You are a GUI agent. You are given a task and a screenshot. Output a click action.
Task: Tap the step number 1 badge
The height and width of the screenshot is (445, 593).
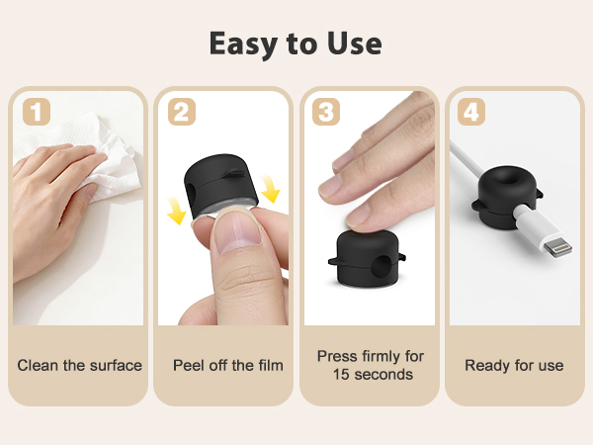tap(37, 112)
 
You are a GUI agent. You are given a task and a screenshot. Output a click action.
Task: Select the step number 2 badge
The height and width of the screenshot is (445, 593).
tap(182, 112)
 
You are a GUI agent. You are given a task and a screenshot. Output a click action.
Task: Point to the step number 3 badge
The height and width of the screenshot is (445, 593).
tap(326, 112)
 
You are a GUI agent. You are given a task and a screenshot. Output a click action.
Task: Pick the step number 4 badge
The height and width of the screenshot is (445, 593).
tap(471, 112)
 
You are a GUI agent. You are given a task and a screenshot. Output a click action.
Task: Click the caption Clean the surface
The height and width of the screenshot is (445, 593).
tap(79, 366)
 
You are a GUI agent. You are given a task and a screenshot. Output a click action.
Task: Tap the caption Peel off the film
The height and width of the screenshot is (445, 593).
tap(228, 366)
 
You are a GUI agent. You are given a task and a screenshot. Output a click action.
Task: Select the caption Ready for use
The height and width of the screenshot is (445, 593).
tap(514, 366)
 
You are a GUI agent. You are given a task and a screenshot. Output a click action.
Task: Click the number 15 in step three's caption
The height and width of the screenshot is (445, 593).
tap(341, 374)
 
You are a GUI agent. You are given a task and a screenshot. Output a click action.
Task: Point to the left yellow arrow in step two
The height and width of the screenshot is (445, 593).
tap(176, 211)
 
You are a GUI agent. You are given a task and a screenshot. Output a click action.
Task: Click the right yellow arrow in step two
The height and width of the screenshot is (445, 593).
tap(270, 189)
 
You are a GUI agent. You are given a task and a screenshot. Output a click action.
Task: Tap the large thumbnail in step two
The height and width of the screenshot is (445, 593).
tap(237, 232)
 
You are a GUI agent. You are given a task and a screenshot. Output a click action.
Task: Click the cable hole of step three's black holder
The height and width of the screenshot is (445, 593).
tap(381, 266)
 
